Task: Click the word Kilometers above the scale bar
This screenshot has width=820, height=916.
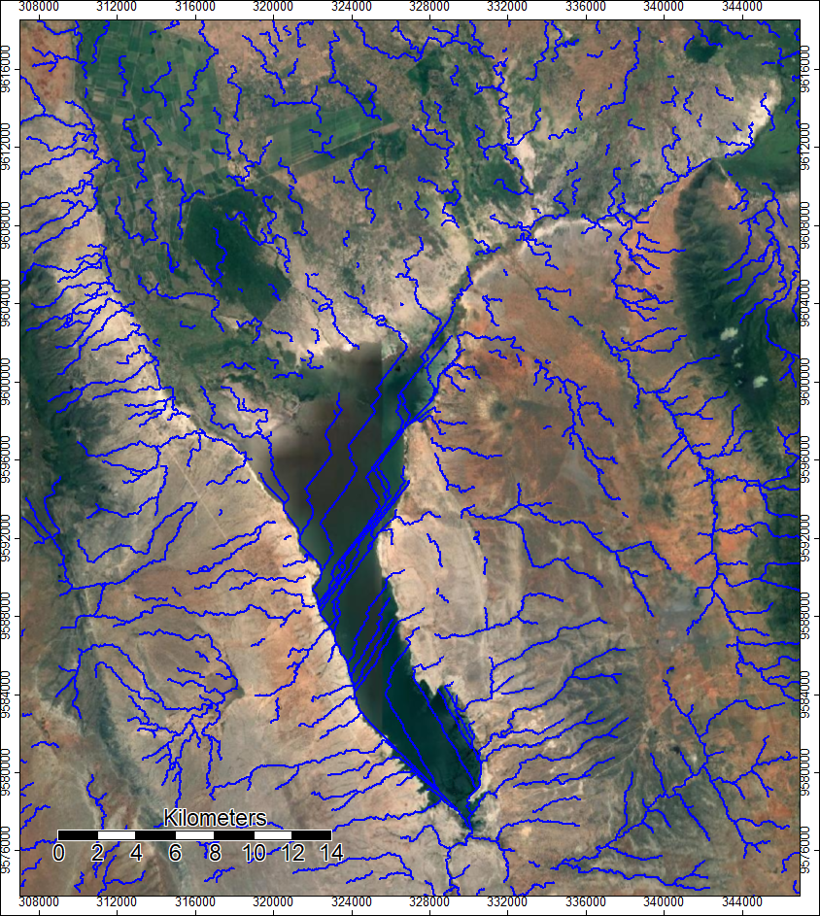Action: (215, 816)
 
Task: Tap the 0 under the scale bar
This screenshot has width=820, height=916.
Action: (58, 854)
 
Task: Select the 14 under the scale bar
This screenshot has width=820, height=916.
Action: (331, 854)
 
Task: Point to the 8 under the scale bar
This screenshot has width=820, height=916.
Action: (215, 854)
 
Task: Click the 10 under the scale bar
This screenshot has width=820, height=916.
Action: (254, 854)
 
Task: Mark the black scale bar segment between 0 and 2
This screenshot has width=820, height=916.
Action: (78, 834)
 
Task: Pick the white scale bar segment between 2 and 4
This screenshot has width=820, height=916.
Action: (117, 834)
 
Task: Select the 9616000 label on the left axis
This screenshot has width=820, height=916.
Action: (8, 70)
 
